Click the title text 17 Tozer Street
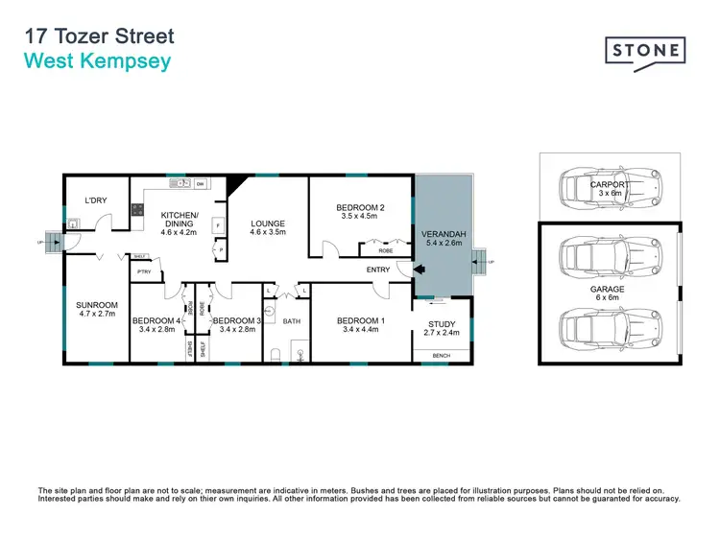click(100, 37)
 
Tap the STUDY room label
click(441, 324)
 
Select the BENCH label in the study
click(441, 356)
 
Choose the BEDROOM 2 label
click(360, 207)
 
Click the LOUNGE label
click(268, 223)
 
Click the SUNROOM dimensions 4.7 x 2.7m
click(96, 314)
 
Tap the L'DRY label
click(95, 200)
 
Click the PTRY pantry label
click(144, 271)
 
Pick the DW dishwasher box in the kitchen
click(201, 183)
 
